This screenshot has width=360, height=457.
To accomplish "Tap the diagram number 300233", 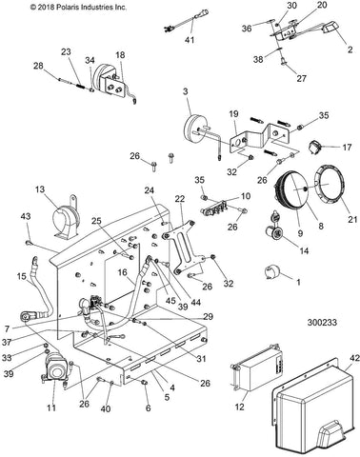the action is (x=322, y=323).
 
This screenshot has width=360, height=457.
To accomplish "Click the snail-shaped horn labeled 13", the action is (x=65, y=218).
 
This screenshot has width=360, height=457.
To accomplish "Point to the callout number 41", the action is (x=190, y=40).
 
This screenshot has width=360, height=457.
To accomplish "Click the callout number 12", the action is (x=240, y=406).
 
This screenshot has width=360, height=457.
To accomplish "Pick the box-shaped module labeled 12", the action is (x=256, y=368).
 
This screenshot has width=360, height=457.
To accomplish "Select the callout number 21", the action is (x=352, y=219).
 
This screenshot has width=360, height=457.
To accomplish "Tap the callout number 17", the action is (x=347, y=148).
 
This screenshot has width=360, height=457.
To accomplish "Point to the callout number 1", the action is (x=298, y=282).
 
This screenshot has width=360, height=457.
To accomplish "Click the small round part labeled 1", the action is (x=271, y=272).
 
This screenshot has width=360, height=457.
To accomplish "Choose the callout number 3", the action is (x=186, y=91).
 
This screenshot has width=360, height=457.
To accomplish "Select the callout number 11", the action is (x=51, y=407).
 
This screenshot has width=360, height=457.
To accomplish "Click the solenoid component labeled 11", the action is (x=55, y=370).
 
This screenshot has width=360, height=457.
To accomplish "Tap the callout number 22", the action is (x=179, y=199).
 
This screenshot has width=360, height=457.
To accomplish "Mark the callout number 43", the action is (x=26, y=216).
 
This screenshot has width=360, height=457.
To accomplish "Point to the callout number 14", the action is (x=304, y=251).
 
